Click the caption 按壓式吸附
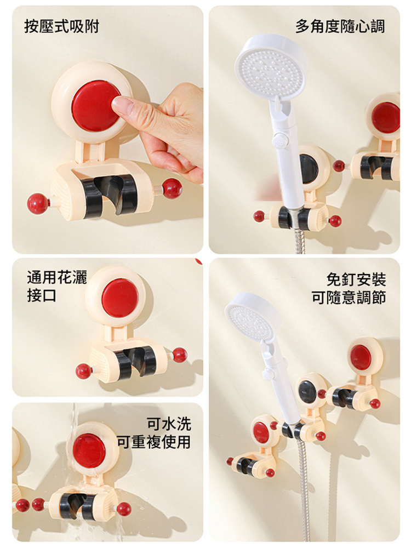62,26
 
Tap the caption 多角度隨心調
340,26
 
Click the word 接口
42,296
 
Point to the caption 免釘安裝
356,279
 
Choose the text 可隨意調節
349,298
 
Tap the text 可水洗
169,424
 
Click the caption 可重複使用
154,442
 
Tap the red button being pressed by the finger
95,106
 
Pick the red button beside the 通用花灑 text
120,298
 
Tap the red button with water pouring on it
89,451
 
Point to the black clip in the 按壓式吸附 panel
110,196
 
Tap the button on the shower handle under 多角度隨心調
279,139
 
